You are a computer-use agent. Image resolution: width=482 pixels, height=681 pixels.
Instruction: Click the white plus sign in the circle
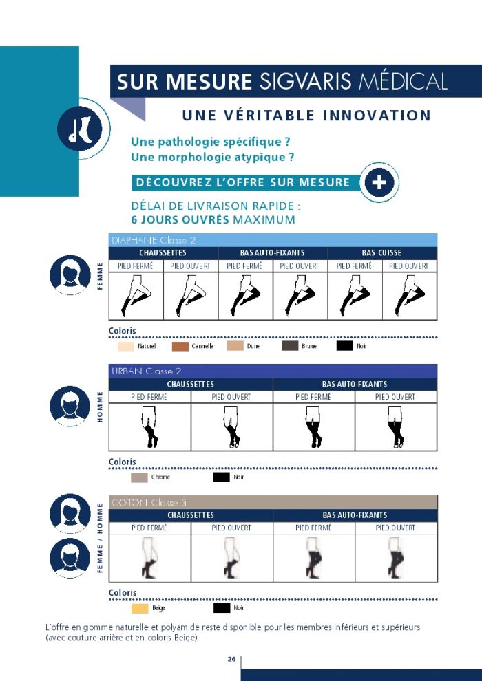tap(379, 182)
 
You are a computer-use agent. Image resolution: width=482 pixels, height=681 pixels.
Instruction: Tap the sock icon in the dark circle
tap(80, 129)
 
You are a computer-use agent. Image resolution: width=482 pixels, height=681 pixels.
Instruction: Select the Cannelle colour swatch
tap(180, 346)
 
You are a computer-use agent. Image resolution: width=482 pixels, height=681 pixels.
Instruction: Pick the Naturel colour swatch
tap(125, 346)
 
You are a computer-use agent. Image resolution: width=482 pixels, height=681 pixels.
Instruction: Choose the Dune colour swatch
tap(235, 346)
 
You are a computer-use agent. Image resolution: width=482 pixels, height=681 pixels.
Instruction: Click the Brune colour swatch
tap(290, 346)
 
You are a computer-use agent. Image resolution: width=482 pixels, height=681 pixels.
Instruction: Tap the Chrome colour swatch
tap(139, 477)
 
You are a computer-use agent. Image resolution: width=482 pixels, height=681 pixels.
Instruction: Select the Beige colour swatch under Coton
tap(140, 609)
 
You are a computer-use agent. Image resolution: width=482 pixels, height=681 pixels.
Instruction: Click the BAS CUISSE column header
tap(381, 252)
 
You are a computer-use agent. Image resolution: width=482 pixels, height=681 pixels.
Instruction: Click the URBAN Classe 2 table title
tap(147, 371)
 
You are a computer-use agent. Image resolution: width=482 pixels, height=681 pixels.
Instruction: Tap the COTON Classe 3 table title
tap(149, 503)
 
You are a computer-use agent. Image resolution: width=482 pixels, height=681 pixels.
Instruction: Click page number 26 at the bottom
tap(231, 659)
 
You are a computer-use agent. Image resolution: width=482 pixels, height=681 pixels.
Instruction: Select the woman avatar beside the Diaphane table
tap(70, 274)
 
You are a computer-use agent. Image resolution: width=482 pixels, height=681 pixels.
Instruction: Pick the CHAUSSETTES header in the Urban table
tap(190, 385)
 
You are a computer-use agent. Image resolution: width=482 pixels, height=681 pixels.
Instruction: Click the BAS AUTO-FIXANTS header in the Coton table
tap(355, 515)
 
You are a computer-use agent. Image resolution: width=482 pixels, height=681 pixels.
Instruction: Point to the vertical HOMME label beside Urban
tap(100, 407)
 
